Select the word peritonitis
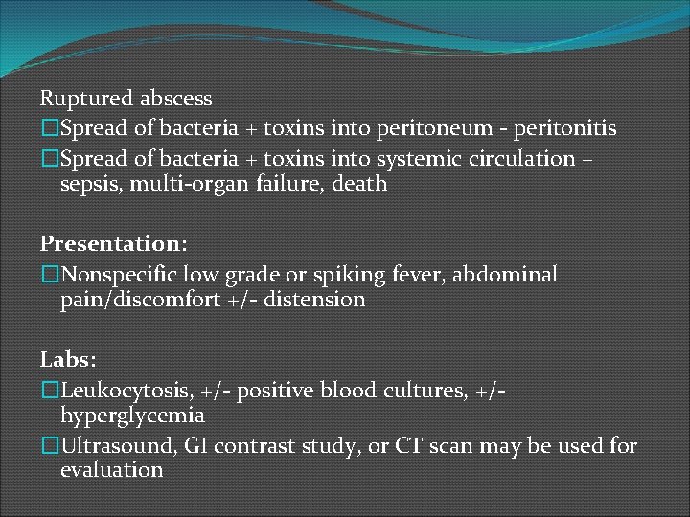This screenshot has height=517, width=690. pos(567,127)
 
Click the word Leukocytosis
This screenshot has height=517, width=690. pos(127,391)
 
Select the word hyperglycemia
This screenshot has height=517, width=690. pos(132,416)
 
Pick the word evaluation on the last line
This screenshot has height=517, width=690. pos(111,470)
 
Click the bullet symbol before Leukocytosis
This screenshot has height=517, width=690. pos(49,391)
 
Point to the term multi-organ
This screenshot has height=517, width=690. pos(186,183)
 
